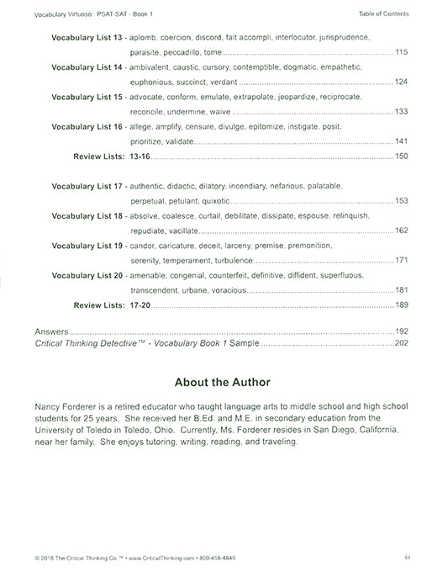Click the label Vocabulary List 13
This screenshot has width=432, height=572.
(87, 39)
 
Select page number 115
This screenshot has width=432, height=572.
(401, 52)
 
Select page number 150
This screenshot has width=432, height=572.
(401, 156)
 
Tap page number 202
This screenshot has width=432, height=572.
(401, 343)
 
